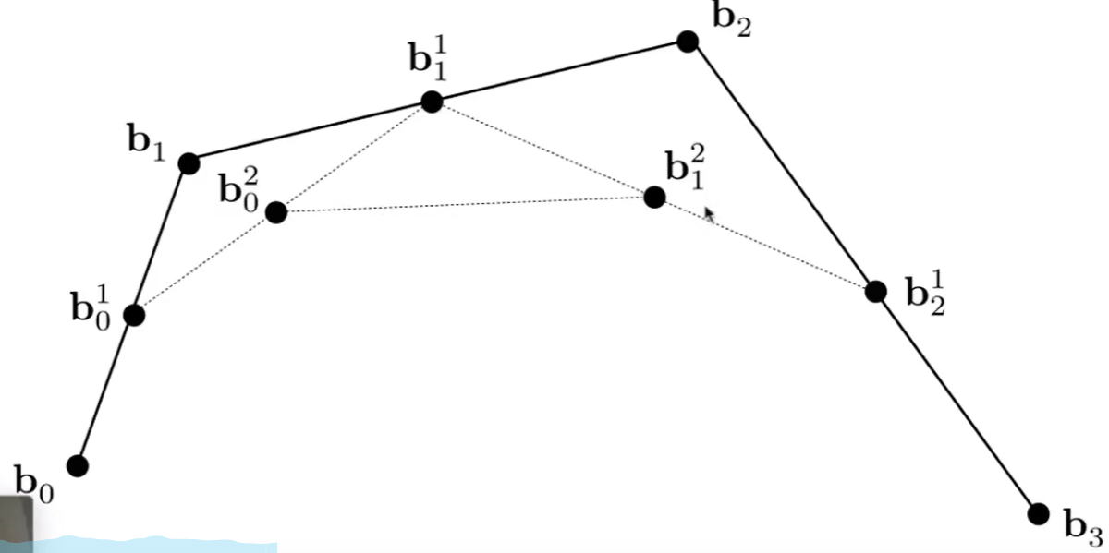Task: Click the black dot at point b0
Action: click(78, 465)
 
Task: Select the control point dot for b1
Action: click(189, 163)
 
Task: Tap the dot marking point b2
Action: click(687, 41)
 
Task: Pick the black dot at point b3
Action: click(1038, 513)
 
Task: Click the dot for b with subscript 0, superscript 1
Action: click(134, 315)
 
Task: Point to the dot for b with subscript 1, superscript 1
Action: click(432, 101)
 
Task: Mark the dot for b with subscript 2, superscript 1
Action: click(876, 292)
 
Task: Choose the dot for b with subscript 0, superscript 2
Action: click(275, 213)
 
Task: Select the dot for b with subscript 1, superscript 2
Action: click(654, 197)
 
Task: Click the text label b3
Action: click(1081, 527)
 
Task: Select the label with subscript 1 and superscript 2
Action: click(684, 170)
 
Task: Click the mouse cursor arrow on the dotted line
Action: click(709, 214)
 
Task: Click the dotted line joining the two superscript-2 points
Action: click(462, 205)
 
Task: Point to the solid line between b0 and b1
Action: click(106, 388)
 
